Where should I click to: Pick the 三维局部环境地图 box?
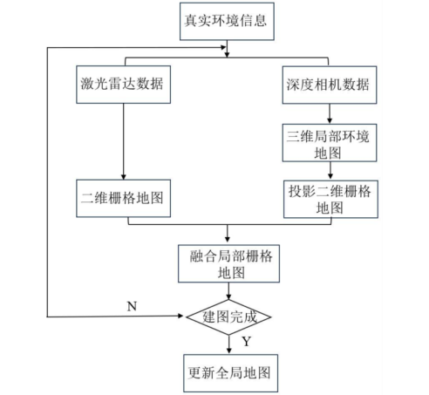tap(328, 143)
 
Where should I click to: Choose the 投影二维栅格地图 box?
tap(328, 200)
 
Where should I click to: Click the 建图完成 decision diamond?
tap(228, 316)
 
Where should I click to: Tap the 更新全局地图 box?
tap(228, 372)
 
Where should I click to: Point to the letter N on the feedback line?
tap(131, 306)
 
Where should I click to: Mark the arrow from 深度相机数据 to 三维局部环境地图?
tap(328, 113)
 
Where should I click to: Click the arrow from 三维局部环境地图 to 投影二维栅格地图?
tap(328, 172)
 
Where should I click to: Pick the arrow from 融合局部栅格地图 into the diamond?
tap(228, 290)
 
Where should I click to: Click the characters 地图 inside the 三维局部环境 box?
tap(328, 152)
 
